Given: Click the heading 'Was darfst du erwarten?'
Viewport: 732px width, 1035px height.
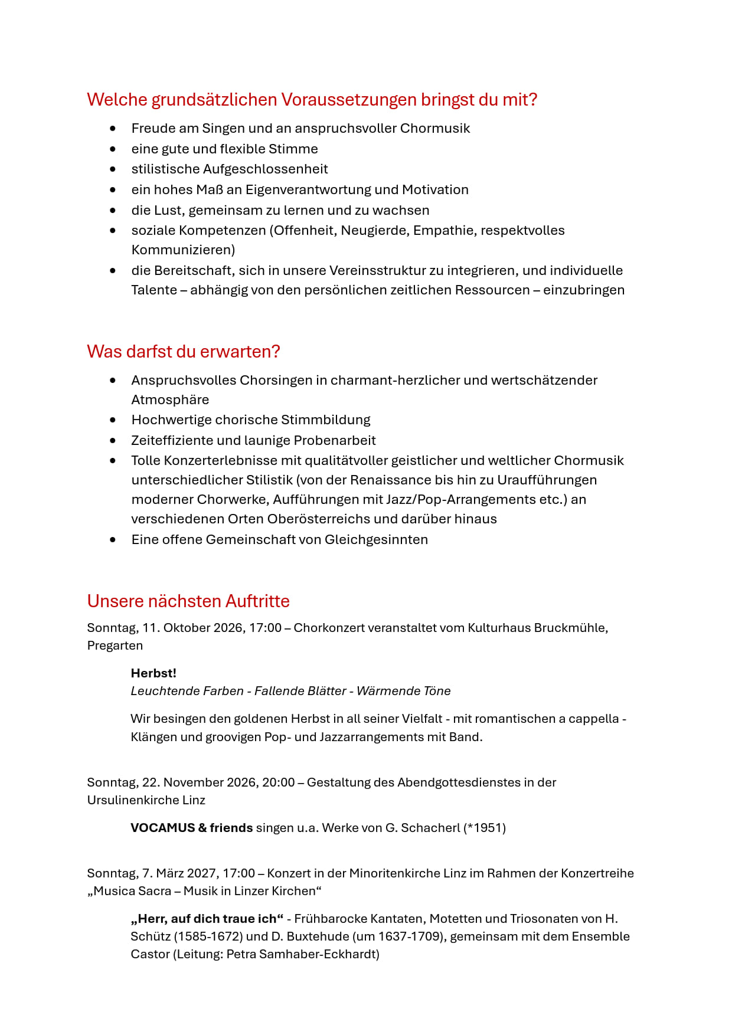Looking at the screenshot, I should point(183,352).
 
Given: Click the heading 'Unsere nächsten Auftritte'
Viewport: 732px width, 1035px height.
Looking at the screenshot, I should point(188,601).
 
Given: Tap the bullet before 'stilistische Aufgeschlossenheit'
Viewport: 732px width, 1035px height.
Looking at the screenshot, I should point(113,169).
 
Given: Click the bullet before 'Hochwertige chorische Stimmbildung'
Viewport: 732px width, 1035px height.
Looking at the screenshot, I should point(113,420).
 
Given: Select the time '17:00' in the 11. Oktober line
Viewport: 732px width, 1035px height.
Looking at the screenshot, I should point(265,628).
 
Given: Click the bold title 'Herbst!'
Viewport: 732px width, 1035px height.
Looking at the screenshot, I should point(153,673).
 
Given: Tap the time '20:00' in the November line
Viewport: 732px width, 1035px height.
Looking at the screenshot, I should point(278,782).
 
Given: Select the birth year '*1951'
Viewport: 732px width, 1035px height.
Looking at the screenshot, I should point(484,828).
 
